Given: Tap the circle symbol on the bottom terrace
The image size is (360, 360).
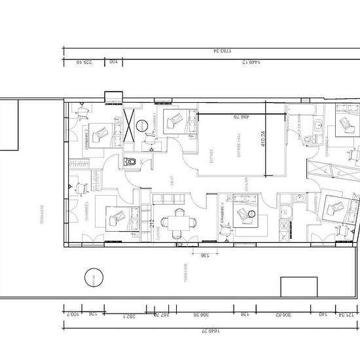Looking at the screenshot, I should click(x=95, y=279).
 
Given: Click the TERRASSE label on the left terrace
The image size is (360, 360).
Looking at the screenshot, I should click(x=41, y=216).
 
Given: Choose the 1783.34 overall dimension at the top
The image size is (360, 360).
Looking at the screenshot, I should click(x=211, y=50).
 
